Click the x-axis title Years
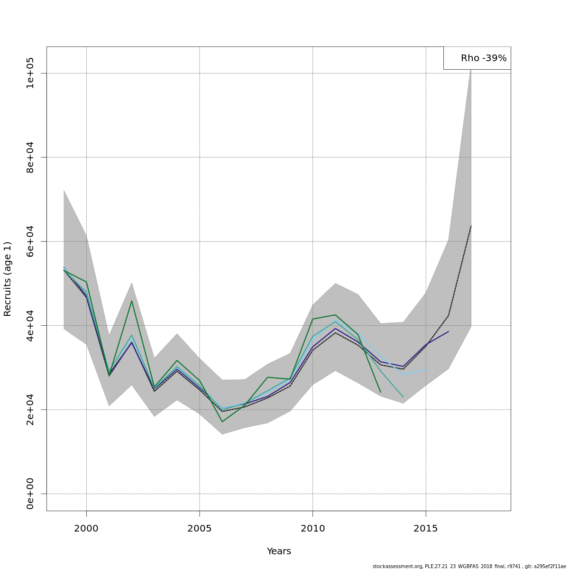[279, 551]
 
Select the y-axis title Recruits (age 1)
[8, 279]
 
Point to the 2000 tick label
[86, 528]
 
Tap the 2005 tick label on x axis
[200, 528]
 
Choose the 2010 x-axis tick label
[312, 528]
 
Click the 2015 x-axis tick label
[426, 528]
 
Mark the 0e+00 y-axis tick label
[30, 494]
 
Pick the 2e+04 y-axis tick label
[30, 410]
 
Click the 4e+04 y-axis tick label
[30, 325]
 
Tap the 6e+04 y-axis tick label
[30, 241]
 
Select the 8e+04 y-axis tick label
[30, 157]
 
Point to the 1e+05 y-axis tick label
[30, 73]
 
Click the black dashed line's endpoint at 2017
[471, 226]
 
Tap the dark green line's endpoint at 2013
[380, 392]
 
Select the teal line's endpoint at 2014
[403, 397]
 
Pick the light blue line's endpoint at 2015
[426, 369]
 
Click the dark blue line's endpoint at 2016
[449, 331]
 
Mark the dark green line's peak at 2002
[132, 301]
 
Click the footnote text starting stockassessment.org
[469, 566]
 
